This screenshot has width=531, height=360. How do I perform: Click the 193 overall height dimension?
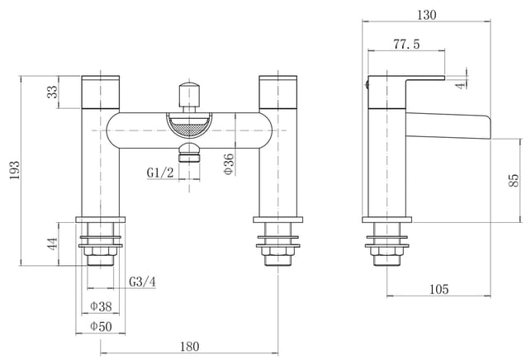[14, 170]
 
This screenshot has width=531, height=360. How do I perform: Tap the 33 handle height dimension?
[53, 92]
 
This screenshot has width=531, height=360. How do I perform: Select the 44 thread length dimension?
[53, 244]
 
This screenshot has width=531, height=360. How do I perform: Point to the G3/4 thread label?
[143, 282]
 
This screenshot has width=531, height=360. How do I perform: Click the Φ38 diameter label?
[101, 306]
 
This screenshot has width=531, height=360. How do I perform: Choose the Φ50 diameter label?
[101, 327]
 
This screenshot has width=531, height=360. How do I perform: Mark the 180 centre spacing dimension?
[190, 347]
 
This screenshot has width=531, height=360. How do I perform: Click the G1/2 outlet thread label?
[160, 173]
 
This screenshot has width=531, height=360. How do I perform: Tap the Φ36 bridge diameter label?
[230, 164]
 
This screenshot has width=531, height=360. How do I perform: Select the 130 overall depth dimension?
[426, 15]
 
